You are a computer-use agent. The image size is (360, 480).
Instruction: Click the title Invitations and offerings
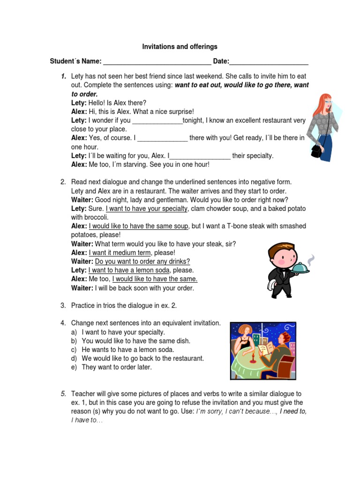(x=180, y=47)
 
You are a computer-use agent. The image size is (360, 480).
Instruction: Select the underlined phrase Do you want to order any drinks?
(x=142, y=262)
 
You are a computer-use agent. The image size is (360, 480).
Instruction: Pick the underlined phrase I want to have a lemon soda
(x=129, y=270)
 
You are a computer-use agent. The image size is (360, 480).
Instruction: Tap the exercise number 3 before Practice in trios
(x=63, y=306)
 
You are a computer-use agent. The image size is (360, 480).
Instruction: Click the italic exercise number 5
(x=63, y=394)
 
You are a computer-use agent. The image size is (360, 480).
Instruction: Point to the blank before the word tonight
(x=157, y=120)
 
